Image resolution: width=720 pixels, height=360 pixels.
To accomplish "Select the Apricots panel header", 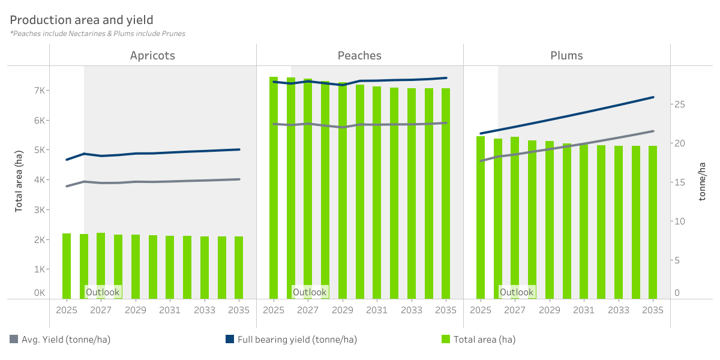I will (x=152, y=56).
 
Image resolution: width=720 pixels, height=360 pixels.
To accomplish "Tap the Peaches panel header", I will (x=359, y=56).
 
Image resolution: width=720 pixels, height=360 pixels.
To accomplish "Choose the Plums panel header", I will (x=566, y=56).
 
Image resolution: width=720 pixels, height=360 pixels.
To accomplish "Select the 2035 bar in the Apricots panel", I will (x=239, y=268).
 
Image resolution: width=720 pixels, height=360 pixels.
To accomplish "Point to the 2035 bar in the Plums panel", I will (x=653, y=222).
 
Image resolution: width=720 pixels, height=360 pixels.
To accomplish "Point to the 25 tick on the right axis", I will (x=680, y=104).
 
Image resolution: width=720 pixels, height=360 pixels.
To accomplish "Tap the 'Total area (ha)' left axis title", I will (x=19, y=180).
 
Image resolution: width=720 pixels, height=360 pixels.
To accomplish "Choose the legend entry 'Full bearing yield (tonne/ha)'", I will (x=297, y=340).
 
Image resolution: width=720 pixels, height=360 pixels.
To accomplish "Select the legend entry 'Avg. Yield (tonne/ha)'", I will (x=66, y=340).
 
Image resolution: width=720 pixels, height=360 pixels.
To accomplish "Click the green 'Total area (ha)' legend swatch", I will (x=446, y=339).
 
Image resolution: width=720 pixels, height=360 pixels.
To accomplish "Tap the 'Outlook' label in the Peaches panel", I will (x=310, y=292).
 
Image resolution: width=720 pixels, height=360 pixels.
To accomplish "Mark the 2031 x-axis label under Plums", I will (x=584, y=310).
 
